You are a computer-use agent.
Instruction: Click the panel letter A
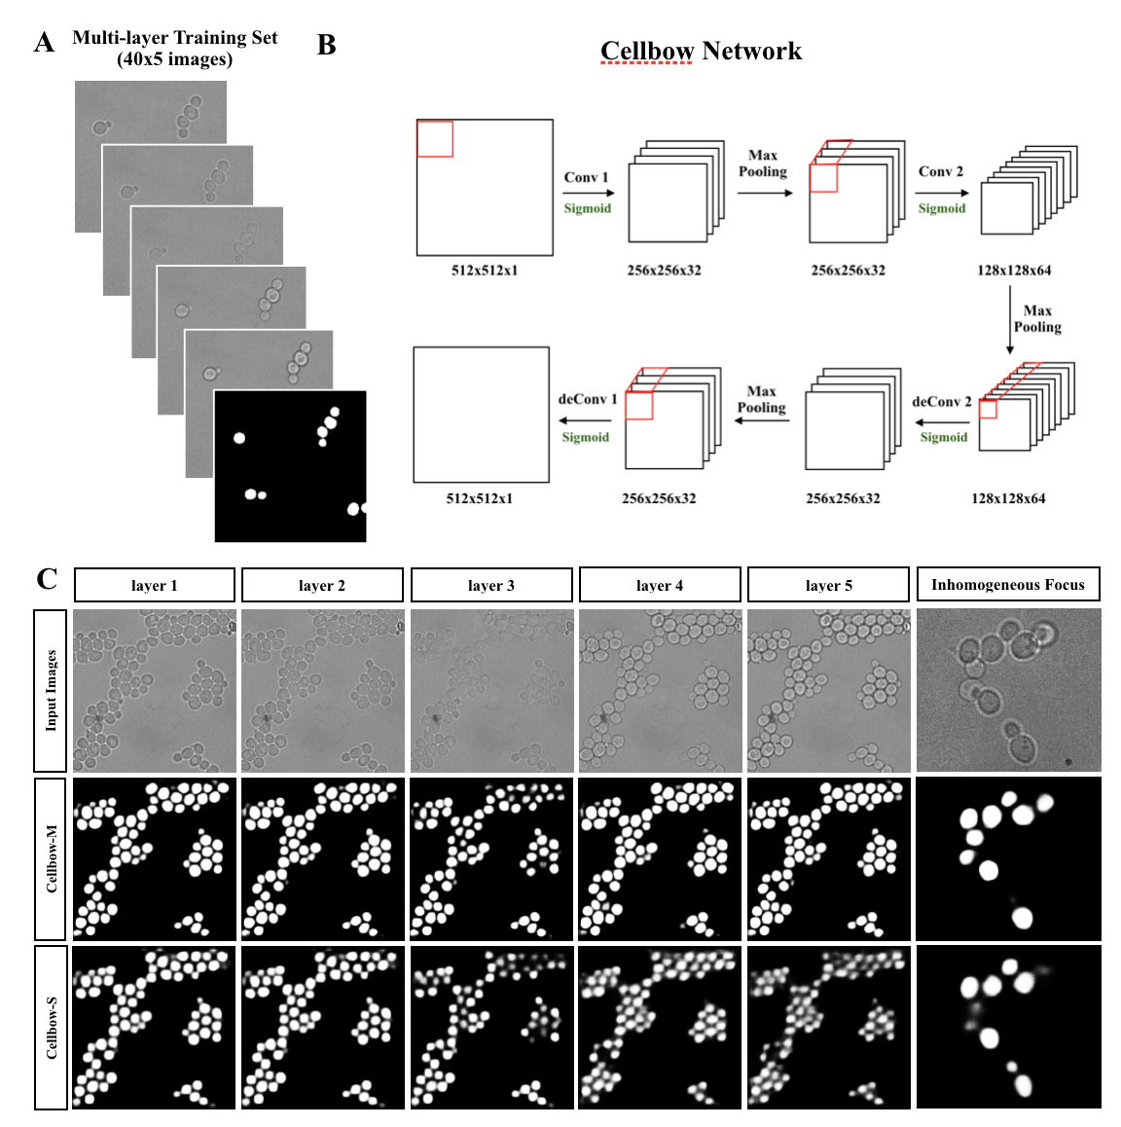click(44, 43)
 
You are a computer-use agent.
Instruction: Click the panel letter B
click(327, 45)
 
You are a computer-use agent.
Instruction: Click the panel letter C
click(47, 579)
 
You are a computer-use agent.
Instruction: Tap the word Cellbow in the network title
click(647, 51)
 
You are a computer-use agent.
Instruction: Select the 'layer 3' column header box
click(491, 585)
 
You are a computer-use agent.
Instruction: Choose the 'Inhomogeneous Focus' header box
click(1008, 584)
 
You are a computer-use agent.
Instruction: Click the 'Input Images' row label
click(51, 690)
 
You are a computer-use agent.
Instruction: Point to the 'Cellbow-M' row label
click(51, 857)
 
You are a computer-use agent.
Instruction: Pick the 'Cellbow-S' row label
click(51, 1027)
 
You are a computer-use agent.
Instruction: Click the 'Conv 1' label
click(586, 177)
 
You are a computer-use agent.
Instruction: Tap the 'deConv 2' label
click(941, 401)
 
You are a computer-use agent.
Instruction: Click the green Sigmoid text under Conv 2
click(942, 208)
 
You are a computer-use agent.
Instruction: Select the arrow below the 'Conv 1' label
click(589, 193)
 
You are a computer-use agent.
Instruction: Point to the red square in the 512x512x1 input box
click(435, 138)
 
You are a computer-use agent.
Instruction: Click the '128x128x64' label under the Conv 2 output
click(1014, 270)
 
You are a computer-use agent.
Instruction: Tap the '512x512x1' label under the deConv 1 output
click(479, 498)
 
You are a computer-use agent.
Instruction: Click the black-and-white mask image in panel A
click(290, 466)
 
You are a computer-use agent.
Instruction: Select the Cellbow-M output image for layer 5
click(828, 857)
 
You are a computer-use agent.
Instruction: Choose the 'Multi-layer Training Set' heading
click(175, 38)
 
